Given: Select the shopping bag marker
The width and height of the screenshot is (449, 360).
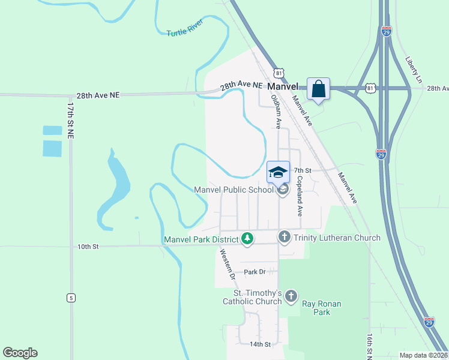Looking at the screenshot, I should click(x=319, y=89).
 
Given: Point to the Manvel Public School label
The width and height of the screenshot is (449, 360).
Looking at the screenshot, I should click(x=234, y=190).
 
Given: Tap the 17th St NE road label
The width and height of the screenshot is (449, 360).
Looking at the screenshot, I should click(x=70, y=121).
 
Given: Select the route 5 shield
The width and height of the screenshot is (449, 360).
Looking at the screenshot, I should click(x=71, y=297).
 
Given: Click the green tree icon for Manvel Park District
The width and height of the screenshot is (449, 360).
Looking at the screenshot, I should click(x=247, y=239).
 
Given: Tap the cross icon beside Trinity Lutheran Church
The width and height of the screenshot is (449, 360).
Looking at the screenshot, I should click(x=285, y=237).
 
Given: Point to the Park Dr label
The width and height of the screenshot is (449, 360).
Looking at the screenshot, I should click(x=255, y=272).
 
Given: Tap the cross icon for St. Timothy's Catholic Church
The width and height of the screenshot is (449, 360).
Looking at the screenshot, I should click(x=291, y=295).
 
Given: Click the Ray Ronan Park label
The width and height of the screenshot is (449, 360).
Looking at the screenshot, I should click(x=321, y=308).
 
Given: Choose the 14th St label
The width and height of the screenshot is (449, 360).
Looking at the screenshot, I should click(x=261, y=344).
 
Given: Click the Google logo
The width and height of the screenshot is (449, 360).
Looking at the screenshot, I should click(x=20, y=353).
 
